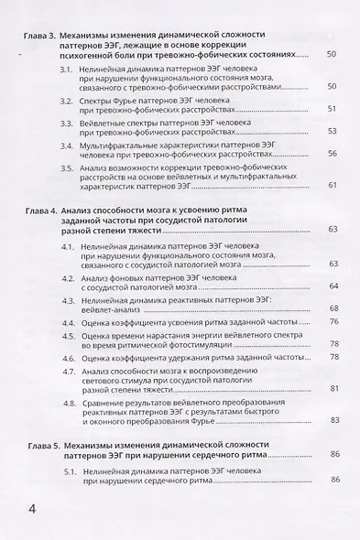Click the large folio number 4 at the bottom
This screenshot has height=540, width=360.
click(x=33, y=507)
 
